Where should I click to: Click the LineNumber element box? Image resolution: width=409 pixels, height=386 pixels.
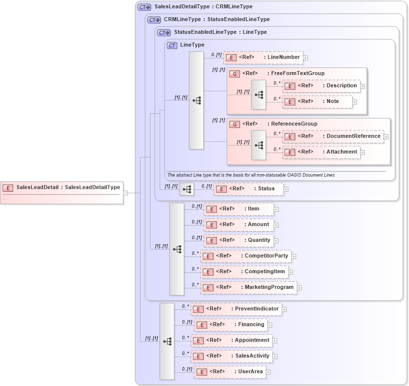pos(263,57)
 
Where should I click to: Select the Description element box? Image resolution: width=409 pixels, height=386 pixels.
pos(321,86)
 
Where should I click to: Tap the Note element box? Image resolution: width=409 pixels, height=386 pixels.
pos(317,102)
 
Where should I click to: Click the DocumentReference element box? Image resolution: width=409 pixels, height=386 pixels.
pos(333,136)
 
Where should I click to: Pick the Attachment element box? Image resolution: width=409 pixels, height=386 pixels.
pos(321,152)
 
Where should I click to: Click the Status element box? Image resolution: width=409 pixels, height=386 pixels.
pos(248,189)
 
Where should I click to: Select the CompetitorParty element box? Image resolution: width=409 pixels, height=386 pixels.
pos(245,256)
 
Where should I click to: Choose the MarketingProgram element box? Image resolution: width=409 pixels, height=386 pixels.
pos(248,287)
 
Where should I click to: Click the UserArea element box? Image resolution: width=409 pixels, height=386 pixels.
pos(230,372)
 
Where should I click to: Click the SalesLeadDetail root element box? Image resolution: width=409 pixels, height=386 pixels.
pos(61,187)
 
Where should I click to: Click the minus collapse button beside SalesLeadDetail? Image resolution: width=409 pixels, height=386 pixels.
pos(125,193)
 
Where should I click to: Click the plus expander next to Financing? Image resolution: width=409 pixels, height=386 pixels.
pos(270,325)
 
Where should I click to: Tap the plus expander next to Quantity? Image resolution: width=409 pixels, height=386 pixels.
pos(276,241)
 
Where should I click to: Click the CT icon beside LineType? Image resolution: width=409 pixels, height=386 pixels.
pos(172,45)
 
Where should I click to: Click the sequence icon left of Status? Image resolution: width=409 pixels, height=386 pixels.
pos(187,189)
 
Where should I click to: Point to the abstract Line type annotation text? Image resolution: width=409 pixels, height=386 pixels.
pos(251,175)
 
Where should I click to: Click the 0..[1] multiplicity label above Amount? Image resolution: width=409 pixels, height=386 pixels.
pos(196,222)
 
